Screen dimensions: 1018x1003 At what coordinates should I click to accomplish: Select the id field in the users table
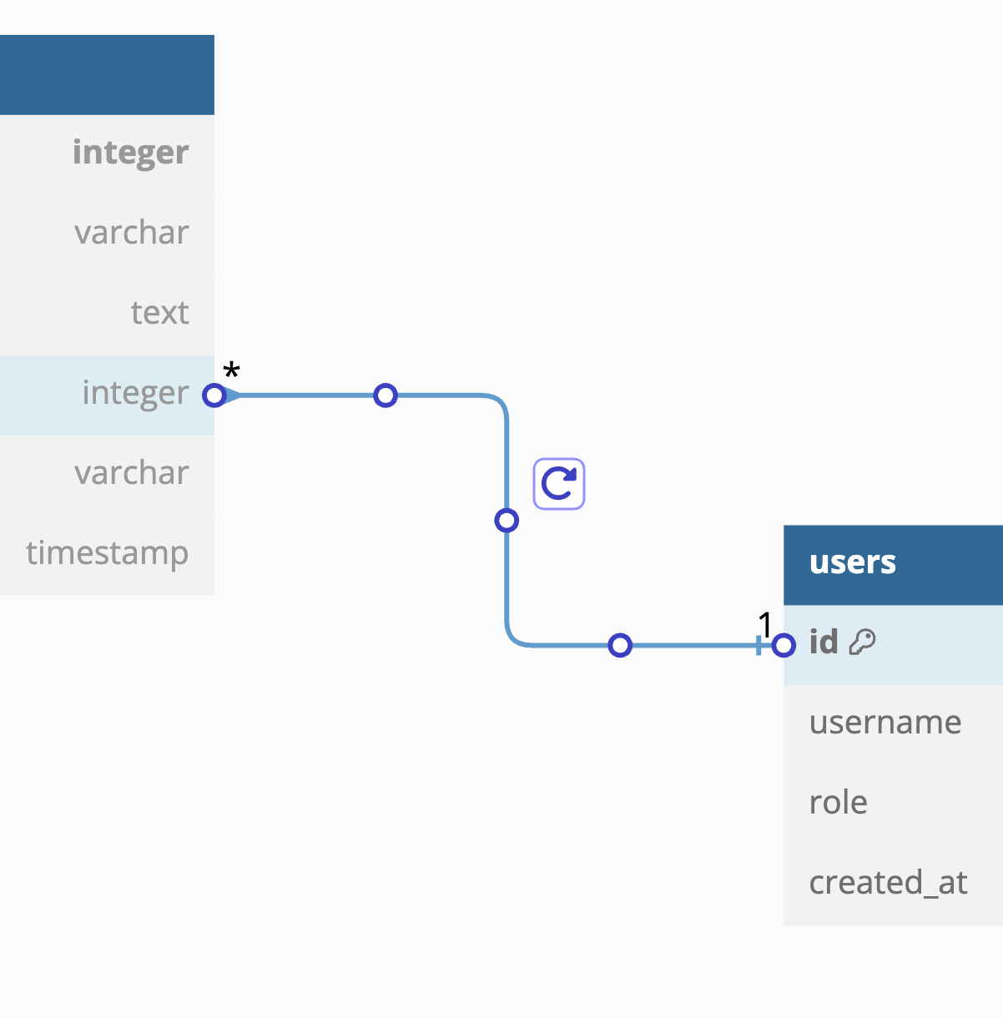point(824,643)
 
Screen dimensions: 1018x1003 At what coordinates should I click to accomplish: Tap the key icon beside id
point(862,642)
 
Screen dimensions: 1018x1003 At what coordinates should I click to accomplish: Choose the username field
point(885,723)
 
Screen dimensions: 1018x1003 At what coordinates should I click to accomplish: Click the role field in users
point(838,803)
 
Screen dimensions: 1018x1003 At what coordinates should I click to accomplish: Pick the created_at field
point(888,883)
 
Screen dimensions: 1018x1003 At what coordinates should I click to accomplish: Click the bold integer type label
point(130,153)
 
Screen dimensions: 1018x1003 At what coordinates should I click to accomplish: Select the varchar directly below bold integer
point(131,233)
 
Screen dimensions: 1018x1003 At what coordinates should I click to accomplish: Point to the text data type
point(159,313)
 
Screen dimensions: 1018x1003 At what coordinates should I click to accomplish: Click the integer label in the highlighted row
point(135,393)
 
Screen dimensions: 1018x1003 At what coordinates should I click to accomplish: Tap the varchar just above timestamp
point(131,473)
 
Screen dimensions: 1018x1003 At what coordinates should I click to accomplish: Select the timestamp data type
point(107,553)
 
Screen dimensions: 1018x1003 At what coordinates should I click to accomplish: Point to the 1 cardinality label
point(764,624)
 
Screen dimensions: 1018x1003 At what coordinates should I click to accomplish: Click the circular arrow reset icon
point(559,484)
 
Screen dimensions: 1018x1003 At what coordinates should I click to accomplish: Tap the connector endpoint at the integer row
point(214,396)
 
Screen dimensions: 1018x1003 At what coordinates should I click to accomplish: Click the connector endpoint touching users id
point(784,645)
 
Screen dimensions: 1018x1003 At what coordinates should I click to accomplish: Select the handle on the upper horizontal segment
point(385,396)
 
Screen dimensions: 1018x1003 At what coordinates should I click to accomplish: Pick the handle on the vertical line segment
point(507,521)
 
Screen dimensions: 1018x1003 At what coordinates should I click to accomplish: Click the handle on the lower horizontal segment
point(620,645)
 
